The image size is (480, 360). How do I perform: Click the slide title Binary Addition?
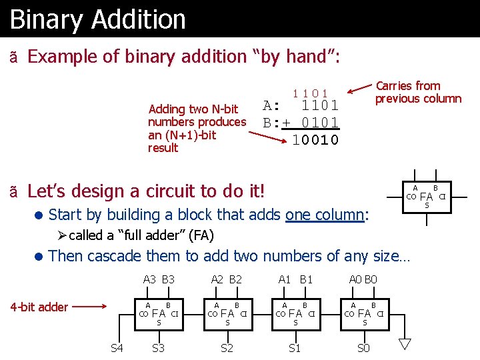tap(98, 19)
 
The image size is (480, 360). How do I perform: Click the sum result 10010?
tap(315, 140)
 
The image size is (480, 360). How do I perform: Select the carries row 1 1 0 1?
tap(311, 93)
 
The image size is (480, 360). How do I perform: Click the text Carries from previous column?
tap(417, 92)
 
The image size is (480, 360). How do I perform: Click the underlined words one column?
tap(325, 215)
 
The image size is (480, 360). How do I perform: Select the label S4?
tap(117, 348)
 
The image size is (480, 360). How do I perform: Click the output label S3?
tap(159, 348)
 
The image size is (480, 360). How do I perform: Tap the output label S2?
tap(227, 348)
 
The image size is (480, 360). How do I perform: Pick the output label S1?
tap(294, 348)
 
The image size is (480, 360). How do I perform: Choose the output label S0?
tap(363, 348)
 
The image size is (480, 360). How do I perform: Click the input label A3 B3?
tap(159, 280)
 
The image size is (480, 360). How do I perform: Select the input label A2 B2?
tap(227, 280)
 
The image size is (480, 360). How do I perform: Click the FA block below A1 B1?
tap(295, 312)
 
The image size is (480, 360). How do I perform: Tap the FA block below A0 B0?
tap(364, 312)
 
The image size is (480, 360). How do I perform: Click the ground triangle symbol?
tap(405, 344)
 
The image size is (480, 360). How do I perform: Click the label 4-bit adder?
tap(40, 307)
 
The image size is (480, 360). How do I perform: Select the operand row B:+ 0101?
tap(301, 123)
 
